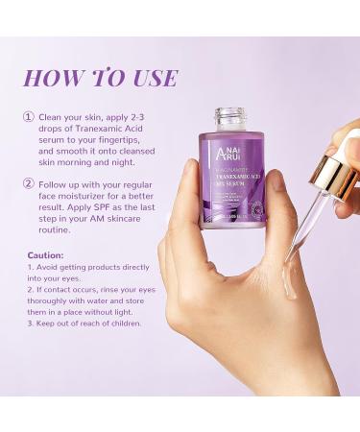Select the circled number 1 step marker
pos(29,117)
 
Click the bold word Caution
pos(45,255)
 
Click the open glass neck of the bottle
pos(230,118)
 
